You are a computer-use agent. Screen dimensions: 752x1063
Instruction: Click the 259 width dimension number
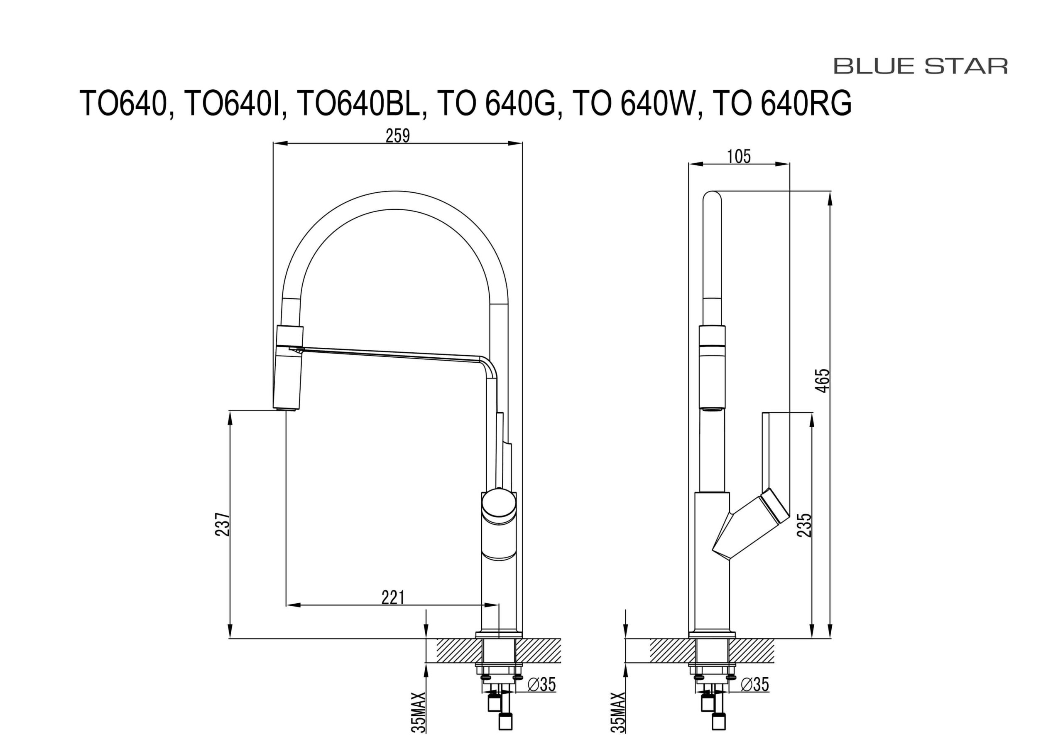point(398,136)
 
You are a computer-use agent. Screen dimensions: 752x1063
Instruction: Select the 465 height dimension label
point(823,381)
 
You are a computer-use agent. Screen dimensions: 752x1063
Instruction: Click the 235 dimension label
point(804,525)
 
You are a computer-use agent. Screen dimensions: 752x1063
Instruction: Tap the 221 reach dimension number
point(393,598)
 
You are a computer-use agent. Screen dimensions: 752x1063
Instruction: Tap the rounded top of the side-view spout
point(712,197)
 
